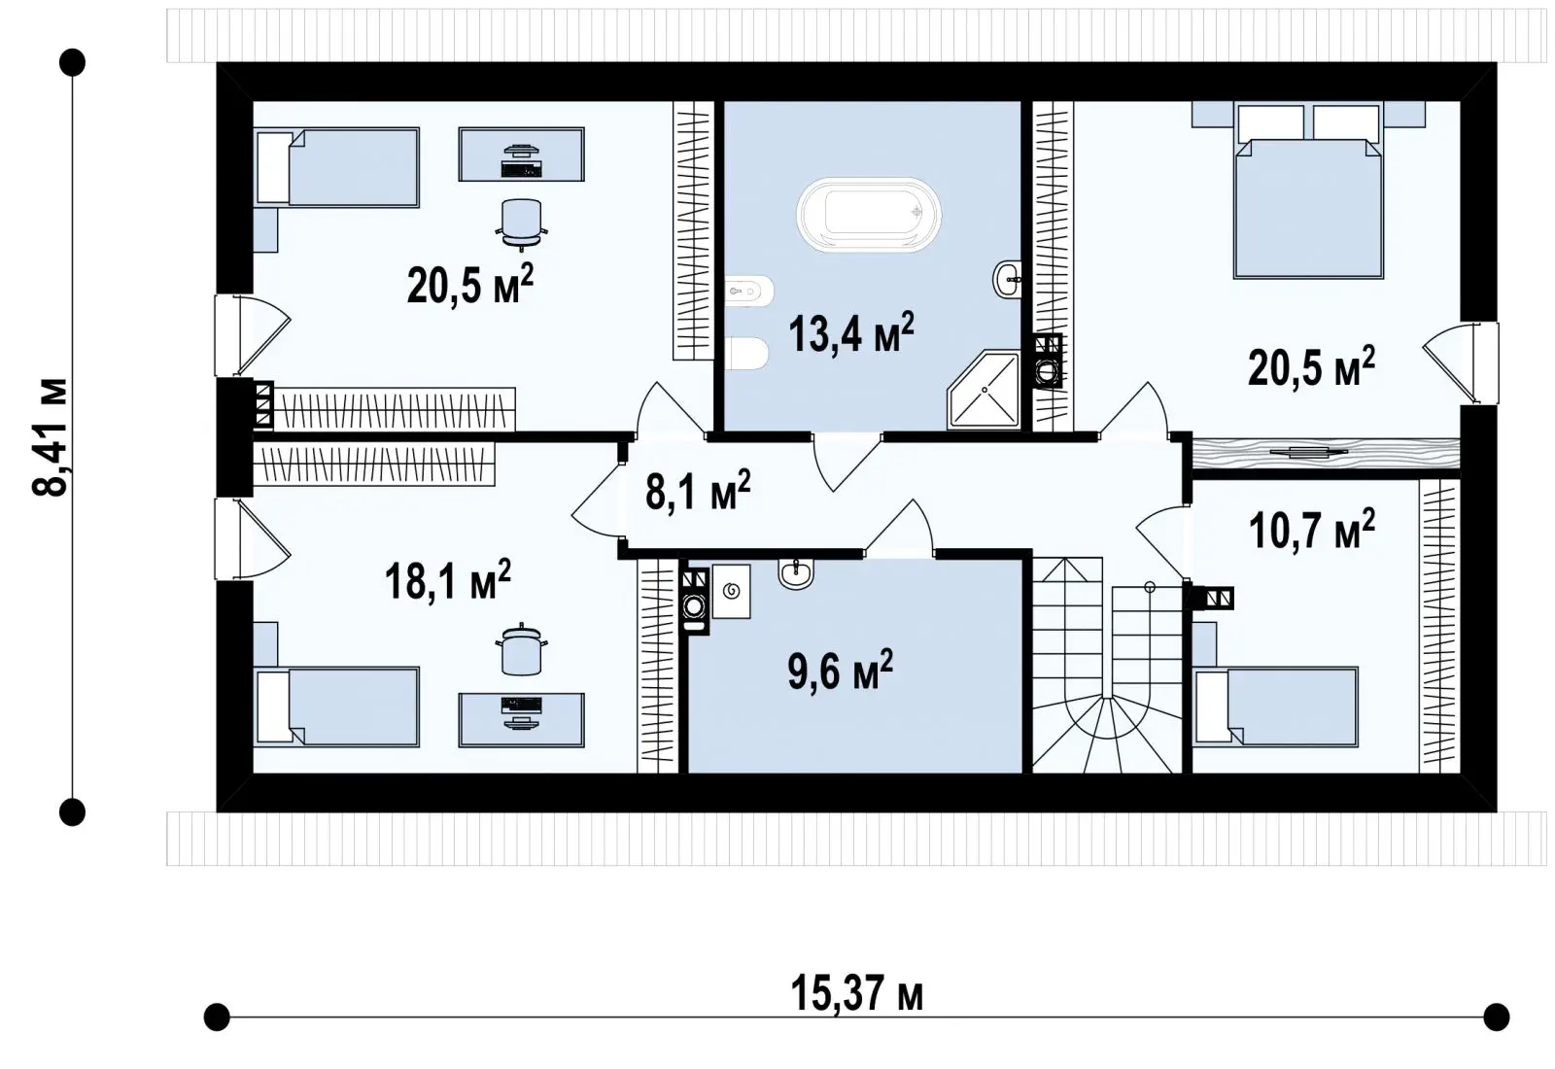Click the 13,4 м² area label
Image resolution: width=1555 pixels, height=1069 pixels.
(851, 332)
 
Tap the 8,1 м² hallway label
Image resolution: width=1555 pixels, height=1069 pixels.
(698, 490)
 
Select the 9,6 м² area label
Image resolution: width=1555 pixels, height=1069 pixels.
(840, 670)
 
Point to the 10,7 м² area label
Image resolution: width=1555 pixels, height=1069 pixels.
(1311, 529)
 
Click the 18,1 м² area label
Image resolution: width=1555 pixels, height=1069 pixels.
(448, 579)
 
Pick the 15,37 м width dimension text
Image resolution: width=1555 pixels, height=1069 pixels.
(856, 993)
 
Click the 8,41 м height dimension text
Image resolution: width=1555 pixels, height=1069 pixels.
(50, 437)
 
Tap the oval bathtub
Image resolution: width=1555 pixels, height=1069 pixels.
(869, 215)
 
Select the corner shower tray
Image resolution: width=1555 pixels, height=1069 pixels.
(984, 390)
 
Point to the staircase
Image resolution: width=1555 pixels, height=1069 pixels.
(1107, 665)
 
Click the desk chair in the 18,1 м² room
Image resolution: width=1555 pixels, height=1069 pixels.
(521, 649)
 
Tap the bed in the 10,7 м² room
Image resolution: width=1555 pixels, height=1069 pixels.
(1275, 707)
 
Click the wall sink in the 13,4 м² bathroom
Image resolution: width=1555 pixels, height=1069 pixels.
(1007, 280)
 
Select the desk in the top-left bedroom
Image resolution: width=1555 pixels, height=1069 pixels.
(521, 155)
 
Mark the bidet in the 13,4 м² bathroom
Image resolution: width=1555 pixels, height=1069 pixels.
(749, 292)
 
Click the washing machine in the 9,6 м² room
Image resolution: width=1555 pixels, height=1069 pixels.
(695, 602)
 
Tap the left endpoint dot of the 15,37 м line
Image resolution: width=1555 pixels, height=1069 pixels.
(217, 1017)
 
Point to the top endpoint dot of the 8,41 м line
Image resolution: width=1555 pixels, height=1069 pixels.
(72, 62)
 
